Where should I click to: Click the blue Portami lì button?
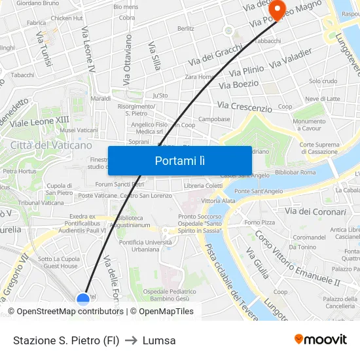[x=180, y=160]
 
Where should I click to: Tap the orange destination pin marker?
[x=277, y=9]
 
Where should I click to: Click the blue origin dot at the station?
[x=83, y=299]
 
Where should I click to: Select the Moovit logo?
[x=321, y=339]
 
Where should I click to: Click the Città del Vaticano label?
[x=51, y=145]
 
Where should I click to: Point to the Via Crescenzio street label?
[x=244, y=106]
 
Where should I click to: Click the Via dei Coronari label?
[x=315, y=211]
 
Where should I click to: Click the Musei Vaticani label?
[x=78, y=130]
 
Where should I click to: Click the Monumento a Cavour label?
[x=309, y=124]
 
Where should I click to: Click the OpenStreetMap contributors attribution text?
[x=65, y=312]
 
